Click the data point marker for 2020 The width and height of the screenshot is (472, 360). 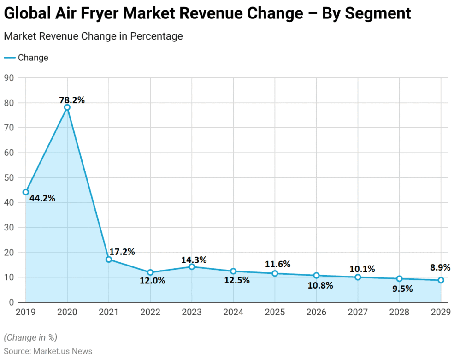click(x=67, y=107)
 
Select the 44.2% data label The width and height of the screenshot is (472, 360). click(x=42, y=198)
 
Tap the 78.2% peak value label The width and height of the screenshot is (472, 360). click(x=72, y=100)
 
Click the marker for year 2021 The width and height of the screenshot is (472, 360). click(x=109, y=260)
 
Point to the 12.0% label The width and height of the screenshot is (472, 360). click(x=152, y=280)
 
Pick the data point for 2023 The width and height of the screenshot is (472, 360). click(x=192, y=266)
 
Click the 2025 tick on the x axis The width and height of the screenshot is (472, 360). click(x=275, y=312)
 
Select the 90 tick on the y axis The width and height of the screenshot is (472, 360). click(x=8, y=78)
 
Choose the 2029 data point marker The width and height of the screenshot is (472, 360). click(x=441, y=280)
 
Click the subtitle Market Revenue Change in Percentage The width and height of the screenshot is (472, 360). click(x=93, y=36)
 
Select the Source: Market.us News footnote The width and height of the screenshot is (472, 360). click(x=48, y=351)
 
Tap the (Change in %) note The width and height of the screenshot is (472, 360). click(x=30, y=337)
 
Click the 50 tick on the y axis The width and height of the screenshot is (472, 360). click(x=8, y=177)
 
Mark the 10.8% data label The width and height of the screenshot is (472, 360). click(x=320, y=285)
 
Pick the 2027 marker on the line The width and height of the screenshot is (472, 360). click(x=358, y=277)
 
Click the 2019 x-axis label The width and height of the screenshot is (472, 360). click(x=26, y=312)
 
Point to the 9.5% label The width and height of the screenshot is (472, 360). click(x=399, y=289)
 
